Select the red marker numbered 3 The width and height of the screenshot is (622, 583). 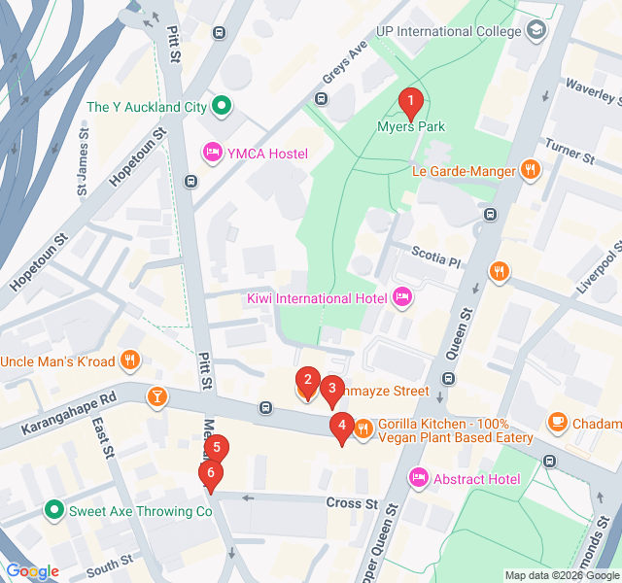[331, 390]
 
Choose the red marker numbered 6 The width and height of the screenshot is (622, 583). [209, 474]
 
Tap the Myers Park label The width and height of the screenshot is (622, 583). [410, 126]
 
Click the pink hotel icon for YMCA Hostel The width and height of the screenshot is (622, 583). [211, 153]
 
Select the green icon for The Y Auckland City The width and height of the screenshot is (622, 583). [221, 106]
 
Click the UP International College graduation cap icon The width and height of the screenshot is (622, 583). [536, 31]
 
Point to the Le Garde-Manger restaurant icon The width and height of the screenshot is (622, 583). [530, 170]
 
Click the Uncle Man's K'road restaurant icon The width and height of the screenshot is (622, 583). [131, 361]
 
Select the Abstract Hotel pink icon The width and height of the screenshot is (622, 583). [419, 477]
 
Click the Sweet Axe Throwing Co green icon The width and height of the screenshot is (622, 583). [53, 510]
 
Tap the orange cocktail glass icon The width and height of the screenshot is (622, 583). [156, 395]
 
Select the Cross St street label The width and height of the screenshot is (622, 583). [353, 502]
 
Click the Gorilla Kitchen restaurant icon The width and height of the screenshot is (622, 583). [364, 429]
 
